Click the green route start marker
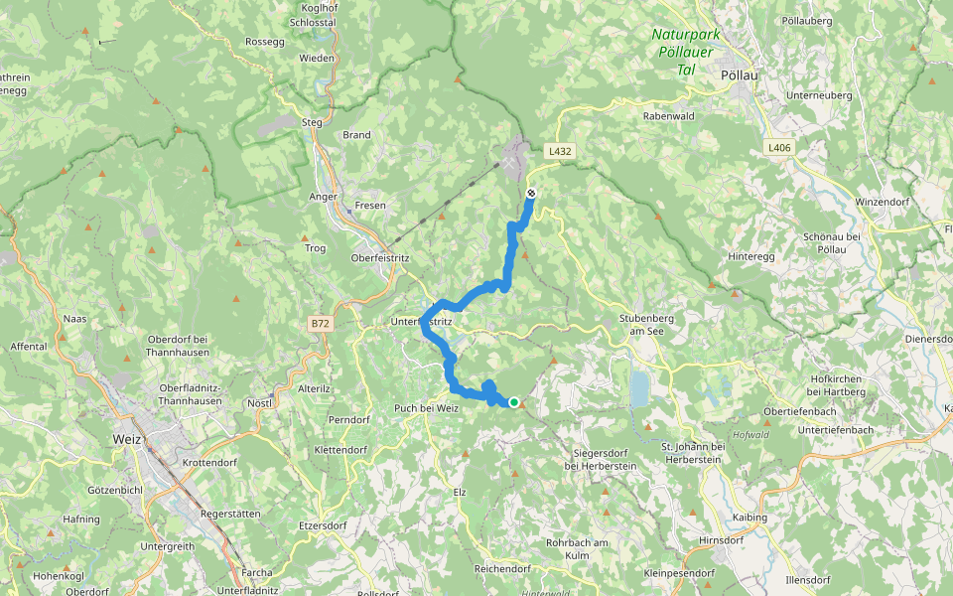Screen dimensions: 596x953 click(514, 402)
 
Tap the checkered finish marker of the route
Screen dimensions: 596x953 click(531, 193)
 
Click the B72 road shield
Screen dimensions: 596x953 click(319, 324)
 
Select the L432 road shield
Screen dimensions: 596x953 click(560, 151)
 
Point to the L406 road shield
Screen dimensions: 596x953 click(779, 147)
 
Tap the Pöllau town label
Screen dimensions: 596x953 click(736, 74)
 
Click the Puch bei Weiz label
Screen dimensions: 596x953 click(427, 409)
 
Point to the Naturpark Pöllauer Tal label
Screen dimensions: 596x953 click(685, 52)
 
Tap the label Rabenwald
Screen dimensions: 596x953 click(668, 115)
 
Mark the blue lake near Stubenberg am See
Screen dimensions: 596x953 click(640, 389)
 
